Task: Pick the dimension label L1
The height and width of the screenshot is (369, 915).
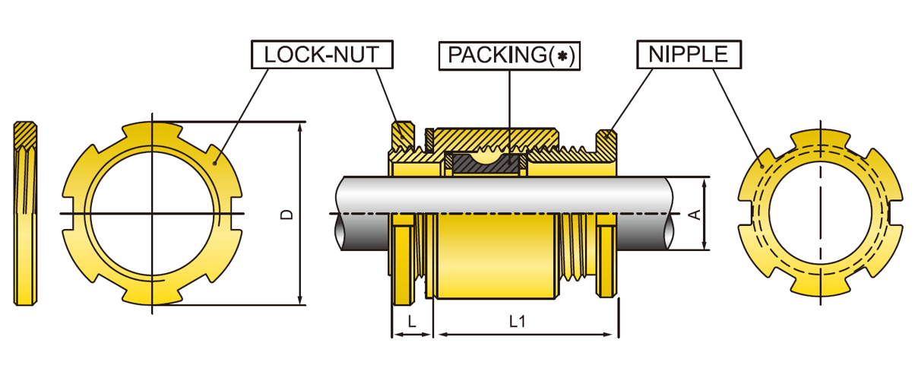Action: click(x=518, y=322)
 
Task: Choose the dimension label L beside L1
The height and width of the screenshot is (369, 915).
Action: click(x=411, y=322)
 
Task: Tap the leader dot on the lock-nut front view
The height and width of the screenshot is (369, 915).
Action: click(x=217, y=161)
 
